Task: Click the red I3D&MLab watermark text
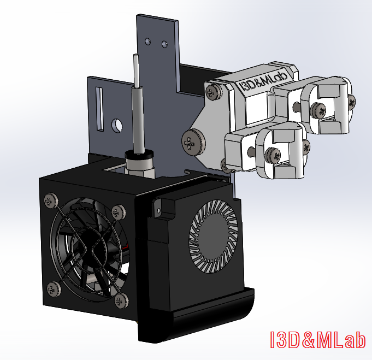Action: [x=317, y=340]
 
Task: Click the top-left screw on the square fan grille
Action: [x=51, y=201]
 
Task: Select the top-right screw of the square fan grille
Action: [x=118, y=212]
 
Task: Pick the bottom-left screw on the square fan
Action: [x=54, y=289]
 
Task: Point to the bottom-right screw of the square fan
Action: [x=121, y=300]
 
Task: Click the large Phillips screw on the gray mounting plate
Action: [x=193, y=143]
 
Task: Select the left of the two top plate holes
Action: [x=147, y=41]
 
